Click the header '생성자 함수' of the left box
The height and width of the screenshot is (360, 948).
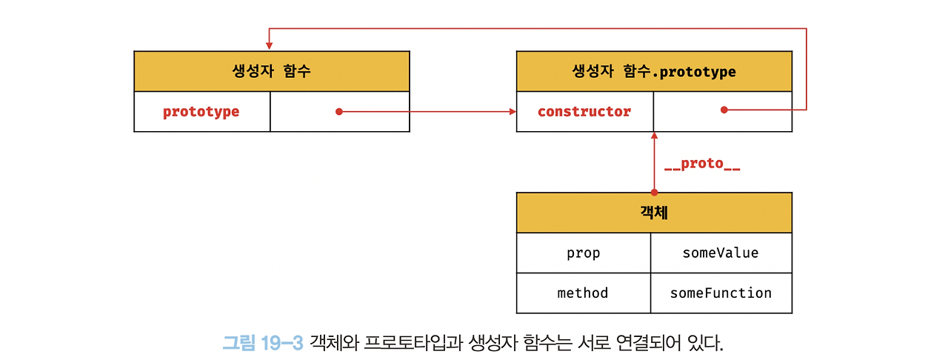click(x=271, y=72)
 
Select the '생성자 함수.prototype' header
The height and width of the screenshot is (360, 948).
click(x=654, y=72)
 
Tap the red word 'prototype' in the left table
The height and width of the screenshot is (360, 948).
click(x=201, y=112)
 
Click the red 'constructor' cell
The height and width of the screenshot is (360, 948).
click(x=584, y=112)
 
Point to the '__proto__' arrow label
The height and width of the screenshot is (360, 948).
click(x=702, y=164)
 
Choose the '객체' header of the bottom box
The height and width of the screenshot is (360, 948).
click(x=654, y=213)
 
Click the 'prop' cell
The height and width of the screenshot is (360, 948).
click(x=584, y=253)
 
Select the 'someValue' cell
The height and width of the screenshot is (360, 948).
click(x=721, y=253)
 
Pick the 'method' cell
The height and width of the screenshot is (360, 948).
click(x=583, y=293)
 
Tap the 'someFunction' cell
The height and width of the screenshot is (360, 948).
click(x=721, y=293)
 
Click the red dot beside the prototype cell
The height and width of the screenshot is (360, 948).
click(x=338, y=112)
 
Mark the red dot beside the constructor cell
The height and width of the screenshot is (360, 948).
click(x=724, y=110)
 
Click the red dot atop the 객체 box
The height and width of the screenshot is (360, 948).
click(x=654, y=192)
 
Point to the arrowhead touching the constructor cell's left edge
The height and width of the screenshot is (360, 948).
click(x=513, y=112)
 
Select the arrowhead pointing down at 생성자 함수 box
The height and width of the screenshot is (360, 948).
click(x=269, y=46)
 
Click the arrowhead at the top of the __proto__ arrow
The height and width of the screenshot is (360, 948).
click(x=654, y=136)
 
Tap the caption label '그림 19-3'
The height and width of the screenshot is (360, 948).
click(x=263, y=343)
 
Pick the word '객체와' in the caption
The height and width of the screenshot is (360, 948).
click(x=333, y=343)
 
